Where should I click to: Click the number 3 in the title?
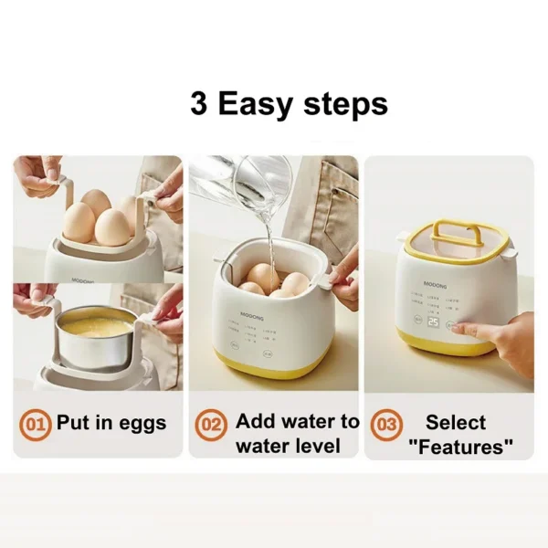pyautogui.click(x=199, y=103)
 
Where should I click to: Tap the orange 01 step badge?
pyautogui.click(x=36, y=424)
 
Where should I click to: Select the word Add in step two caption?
pyautogui.click(x=255, y=421)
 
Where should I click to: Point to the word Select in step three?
pyautogui.click(x=456, y=422)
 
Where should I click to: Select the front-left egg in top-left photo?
pyautogui.click(x=79, y=222)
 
